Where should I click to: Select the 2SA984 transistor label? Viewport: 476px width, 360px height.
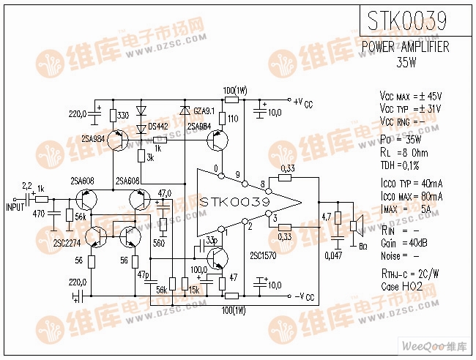[93, 137]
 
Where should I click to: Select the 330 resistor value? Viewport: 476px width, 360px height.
[123, 116]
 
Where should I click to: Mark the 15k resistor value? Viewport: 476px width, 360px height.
[195, 290]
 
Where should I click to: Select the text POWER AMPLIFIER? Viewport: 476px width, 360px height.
[406, 47]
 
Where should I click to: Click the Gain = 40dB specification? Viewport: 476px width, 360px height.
[401, 243]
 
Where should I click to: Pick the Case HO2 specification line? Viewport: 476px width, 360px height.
[402, 288]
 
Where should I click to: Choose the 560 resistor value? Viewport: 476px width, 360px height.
[158, 242]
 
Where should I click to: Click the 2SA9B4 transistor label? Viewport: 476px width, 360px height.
[199, 126]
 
